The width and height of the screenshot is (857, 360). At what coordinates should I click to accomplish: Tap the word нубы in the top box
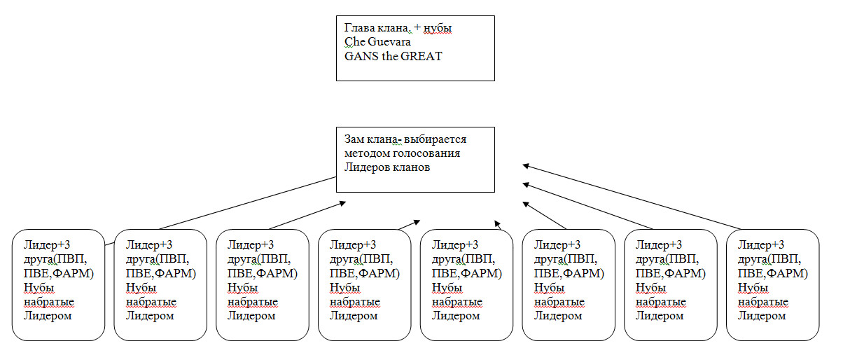point(438,29)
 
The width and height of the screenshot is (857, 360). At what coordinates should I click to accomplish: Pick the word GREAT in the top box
point(421,56)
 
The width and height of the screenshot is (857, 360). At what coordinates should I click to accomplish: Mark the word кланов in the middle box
point(410,167)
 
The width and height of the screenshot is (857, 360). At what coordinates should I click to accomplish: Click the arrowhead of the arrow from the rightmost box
point(524,165)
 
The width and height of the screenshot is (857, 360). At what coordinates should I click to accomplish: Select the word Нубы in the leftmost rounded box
point(39,287)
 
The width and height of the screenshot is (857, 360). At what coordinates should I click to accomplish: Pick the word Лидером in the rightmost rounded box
point(762,316)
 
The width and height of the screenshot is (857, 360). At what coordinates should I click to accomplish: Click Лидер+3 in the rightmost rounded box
point(761,244)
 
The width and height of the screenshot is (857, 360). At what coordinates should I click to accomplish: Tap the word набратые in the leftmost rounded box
point(48,302)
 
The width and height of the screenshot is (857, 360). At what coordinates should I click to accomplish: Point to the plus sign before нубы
point(418,29)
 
